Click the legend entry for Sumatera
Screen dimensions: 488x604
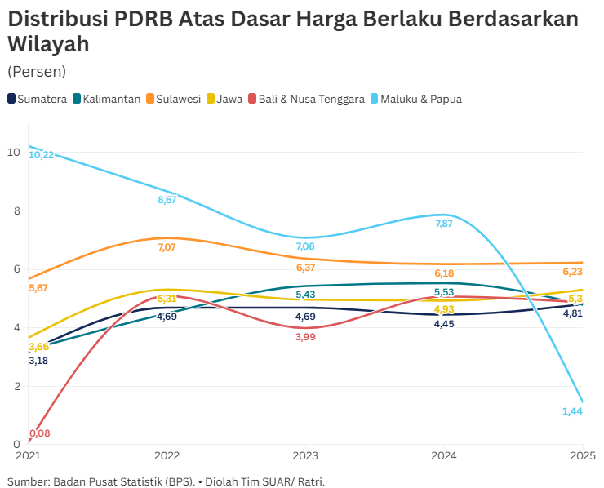(x=38, y=99)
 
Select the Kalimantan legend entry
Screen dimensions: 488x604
(x=107, y=99)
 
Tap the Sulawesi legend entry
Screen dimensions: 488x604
(x=174, y=99)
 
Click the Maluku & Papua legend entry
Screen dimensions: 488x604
(x=415, y=99)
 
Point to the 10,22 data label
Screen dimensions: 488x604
(x=41, y=154)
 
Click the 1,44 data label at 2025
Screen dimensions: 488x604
(x=572, y=411)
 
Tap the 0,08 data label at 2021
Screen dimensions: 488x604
(x=39, y=433)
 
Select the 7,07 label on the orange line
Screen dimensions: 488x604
(x=167, y=246)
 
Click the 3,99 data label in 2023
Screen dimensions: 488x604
(x=305, y=337)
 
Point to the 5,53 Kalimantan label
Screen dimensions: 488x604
(x=444, y=292)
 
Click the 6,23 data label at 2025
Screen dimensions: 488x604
(x=572, y=272)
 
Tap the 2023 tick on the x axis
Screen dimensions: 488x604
(x=305, y=455)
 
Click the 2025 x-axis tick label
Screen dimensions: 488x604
(x=582, y=455)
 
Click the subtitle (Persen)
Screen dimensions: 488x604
(x=37, y=72)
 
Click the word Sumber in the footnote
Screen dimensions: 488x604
(x=28, y=481)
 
